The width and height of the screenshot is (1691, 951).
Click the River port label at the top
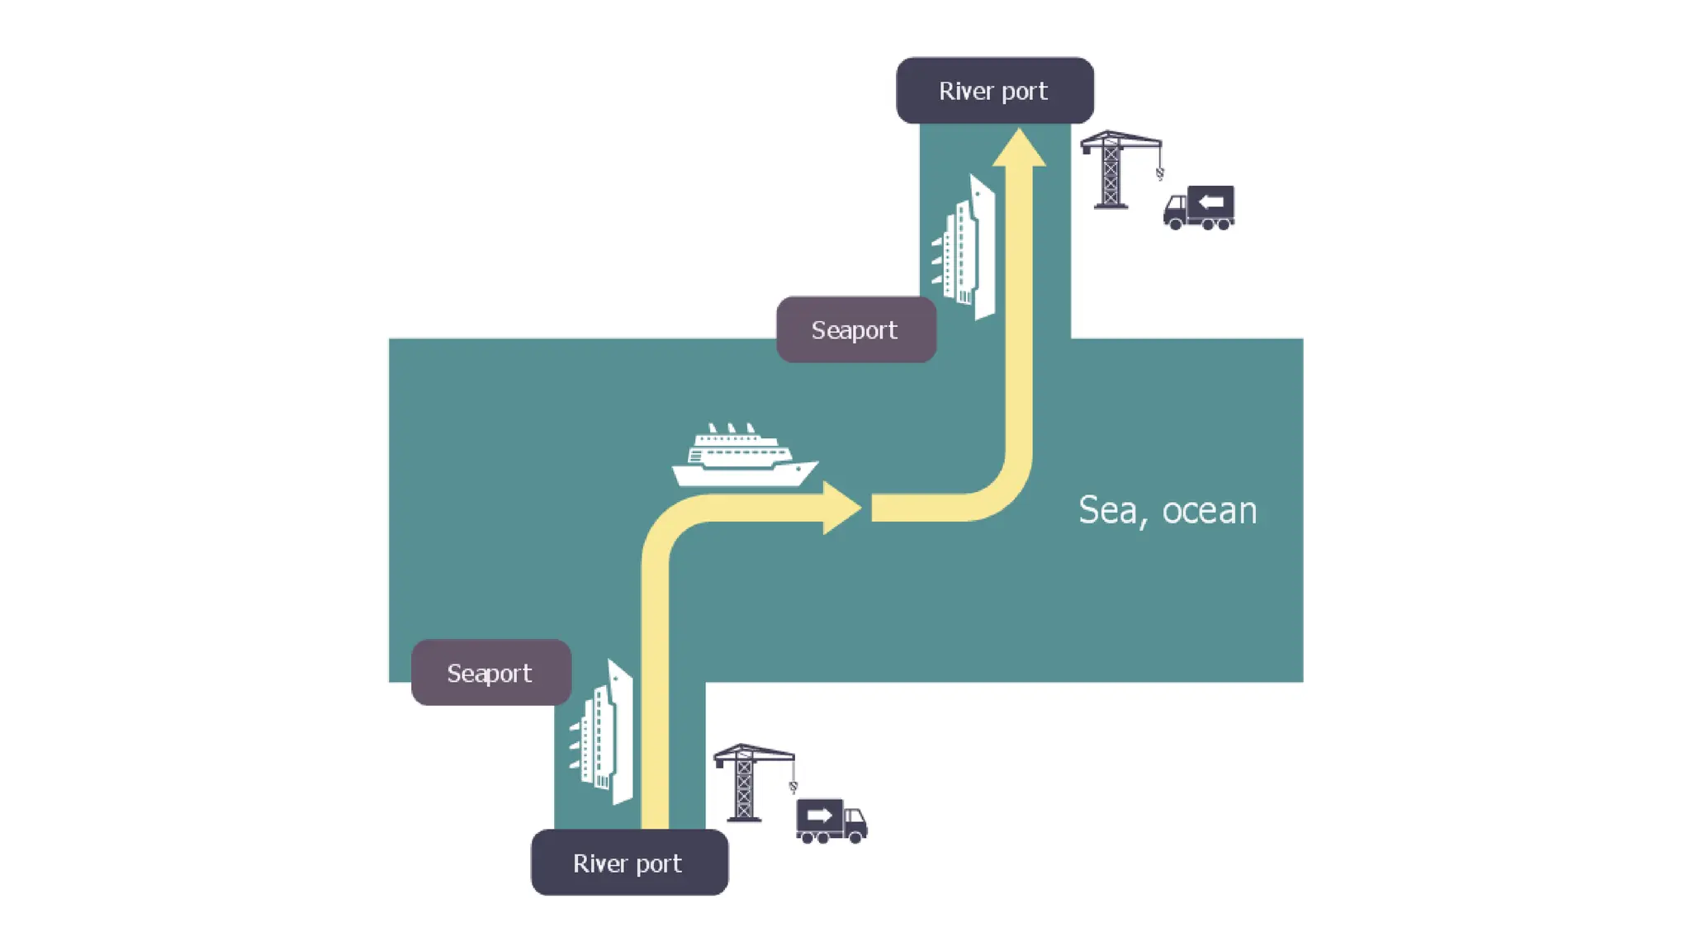tap(994, 91)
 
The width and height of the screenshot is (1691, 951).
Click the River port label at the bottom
tap(628, 863)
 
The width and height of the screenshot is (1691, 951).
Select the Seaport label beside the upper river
tap(855, 330)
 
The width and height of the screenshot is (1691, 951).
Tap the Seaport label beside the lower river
tap(490, 673)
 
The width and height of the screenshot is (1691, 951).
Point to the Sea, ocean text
tap(1168, 510)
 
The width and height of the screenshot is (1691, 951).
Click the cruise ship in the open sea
tap(743, 459)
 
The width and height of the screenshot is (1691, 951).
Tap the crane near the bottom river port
tap(746, 783)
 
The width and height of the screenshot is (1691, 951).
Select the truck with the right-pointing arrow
tap(831, 821)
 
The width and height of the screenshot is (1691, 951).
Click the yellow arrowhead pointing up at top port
tap(1019, 149)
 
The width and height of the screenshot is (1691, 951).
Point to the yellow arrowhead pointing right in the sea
tap(841, 508)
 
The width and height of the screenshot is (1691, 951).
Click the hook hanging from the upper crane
tap(1159, 173)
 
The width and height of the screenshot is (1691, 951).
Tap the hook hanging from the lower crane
tap(793, 787)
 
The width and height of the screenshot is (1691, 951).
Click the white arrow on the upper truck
tap(1210, 201)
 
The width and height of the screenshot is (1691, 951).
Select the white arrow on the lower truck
tap(819, 815)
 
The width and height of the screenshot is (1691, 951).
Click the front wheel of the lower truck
tap(856, 837)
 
